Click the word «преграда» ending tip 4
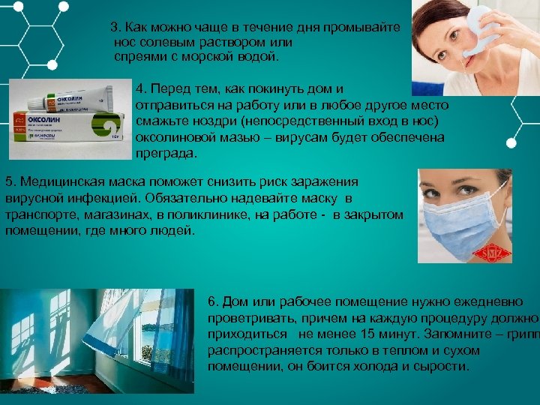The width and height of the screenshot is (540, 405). coord(166,154)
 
